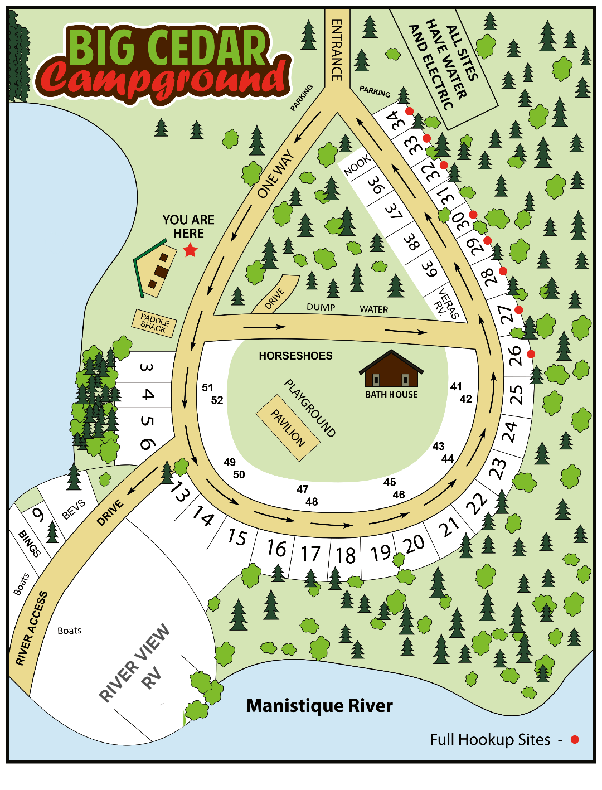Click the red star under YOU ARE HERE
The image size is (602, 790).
pyautogui.click(x=191, y=250)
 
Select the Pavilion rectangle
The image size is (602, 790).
pyautogui.click(x=288, y=428)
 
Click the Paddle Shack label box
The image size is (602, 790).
pyautogui.click(x=154, y=323)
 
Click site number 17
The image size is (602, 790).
pyautogui.click(x=310, y=554)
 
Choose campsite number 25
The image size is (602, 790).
pyautogui.click(x=517, y=394)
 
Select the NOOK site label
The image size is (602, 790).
pyautogui.click(x=357, y=165)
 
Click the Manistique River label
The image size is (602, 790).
pyautogui.click(x=319, y=706)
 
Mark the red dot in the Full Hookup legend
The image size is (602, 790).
pyautogui.click(x=575, y=739)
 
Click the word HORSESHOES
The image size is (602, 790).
pyautogui.click(x=295, y=356)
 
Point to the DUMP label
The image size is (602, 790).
pyautogui.click(x=321, y=307)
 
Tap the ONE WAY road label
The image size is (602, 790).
pyautogui.click(x=275, y=174)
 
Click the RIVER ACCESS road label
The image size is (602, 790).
pyautogui.click(x=31, y=628)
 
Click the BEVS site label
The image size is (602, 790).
pyautogui.click(x=74, y=509)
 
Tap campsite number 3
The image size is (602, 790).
pyautogui.click(x=146, y=367)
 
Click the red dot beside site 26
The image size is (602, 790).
pyautogui.click(x=531, y=354)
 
